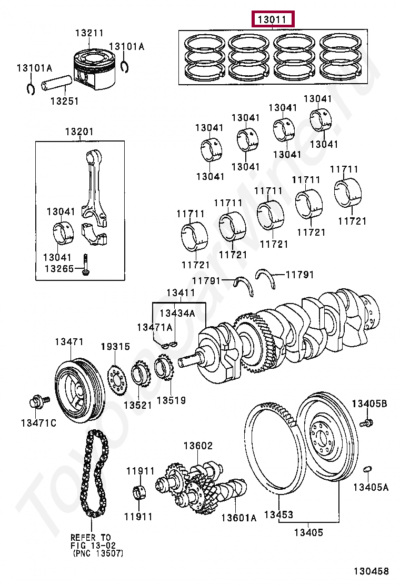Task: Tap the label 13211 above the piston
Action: (x=89, y=33)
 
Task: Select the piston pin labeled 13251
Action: (x=56, y=84)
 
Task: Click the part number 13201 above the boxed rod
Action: (x=79, y=132)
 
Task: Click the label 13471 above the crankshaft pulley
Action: (x=69, y=342)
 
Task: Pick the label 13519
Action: (x=171, y=401)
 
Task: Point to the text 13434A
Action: (x=177, y=314)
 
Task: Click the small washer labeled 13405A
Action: (x=368, y=468)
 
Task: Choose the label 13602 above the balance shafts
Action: (x=198, y=446)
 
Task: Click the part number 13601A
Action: (x=238, y=518)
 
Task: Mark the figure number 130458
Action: (x=371, y=571)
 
